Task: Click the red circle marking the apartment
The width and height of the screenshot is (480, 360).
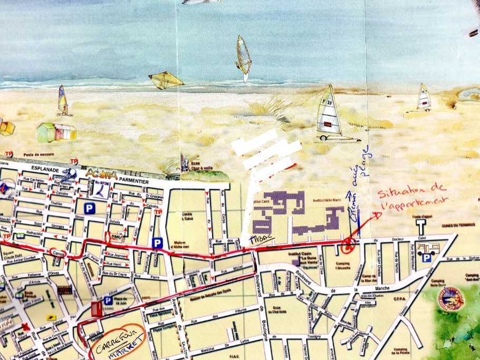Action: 348,244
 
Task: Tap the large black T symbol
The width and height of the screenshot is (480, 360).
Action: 420,227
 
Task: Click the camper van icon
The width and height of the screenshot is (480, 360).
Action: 426,248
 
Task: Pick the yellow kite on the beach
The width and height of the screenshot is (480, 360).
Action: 165,80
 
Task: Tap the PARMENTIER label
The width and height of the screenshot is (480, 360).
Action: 132,180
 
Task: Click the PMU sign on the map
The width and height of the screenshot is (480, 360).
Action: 117,238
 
